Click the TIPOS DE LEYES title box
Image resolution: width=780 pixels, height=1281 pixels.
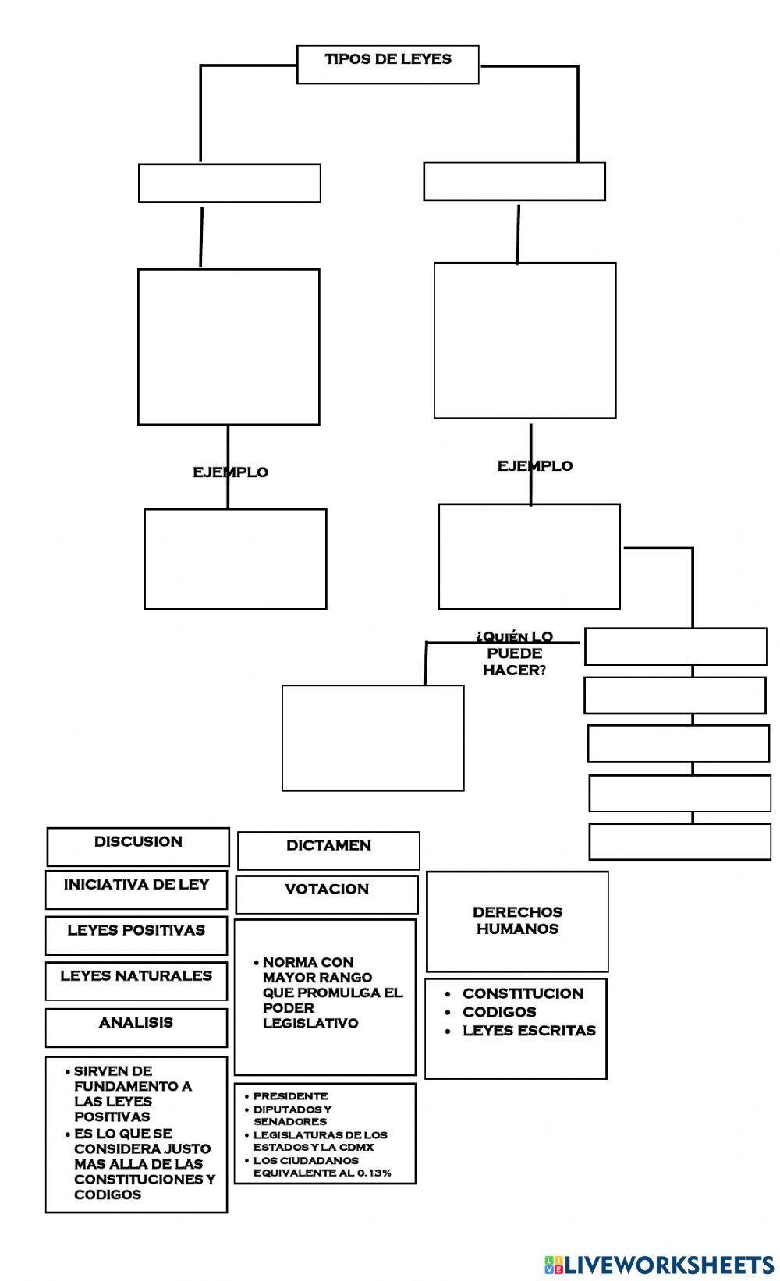tap(388, 63)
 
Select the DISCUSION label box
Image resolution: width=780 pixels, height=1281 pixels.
tap(138, 845)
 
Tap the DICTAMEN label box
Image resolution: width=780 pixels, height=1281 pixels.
tap(328, 849)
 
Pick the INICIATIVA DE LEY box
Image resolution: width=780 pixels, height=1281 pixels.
tap(136, 889)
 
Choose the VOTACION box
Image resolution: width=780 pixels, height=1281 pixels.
tap(327, 894)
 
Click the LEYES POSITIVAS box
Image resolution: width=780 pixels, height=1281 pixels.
tap(136, 934)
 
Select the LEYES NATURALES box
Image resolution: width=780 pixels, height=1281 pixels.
tap(136, 980)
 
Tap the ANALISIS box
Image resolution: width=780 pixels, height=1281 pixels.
tap(136, 1026)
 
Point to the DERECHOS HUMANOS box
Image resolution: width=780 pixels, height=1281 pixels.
tap(517, 921)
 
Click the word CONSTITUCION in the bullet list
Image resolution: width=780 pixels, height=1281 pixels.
tap(523, 993)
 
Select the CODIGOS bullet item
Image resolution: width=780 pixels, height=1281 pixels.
tap(499, 1012)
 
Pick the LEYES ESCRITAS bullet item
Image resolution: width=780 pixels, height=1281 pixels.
tap(529, 1031)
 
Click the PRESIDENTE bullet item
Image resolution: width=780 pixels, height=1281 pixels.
tap(290, 1096)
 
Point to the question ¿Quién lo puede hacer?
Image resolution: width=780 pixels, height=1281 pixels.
tap(514, 653)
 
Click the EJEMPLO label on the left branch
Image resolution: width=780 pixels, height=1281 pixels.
tap(230, 472)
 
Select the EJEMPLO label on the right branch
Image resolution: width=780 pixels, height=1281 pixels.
tap(535, 466)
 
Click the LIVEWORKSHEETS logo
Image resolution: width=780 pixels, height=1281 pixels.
tap(659, 1264)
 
